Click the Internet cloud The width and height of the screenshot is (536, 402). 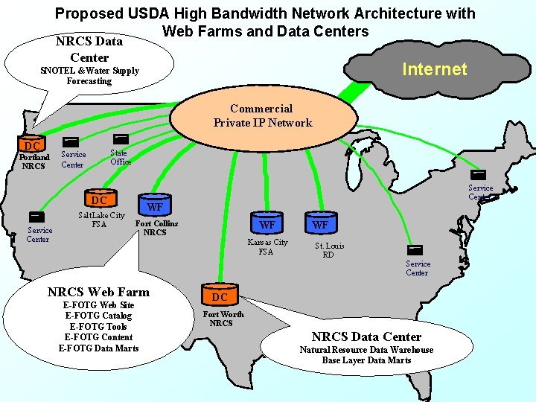pos(434,69)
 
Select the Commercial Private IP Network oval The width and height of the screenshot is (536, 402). pos(262,116)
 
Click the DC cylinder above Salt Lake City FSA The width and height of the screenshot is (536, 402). pos(99,199)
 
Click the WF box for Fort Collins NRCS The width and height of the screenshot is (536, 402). pos(155,206)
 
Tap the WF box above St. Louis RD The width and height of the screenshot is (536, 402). pos(320,224)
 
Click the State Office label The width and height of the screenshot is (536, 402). pos(121,157)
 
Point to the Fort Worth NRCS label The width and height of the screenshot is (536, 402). pos(221,319)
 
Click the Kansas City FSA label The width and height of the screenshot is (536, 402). pos(267,246)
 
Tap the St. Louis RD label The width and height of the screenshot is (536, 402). pos(329,250)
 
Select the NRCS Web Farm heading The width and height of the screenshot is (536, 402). pos(98,292)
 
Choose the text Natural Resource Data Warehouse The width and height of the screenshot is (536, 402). pos(366,350)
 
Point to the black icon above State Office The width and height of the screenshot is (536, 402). pos(119,138)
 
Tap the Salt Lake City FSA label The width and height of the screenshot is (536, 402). pos(102,220)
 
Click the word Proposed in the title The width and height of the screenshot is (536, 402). pos(88,13)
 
